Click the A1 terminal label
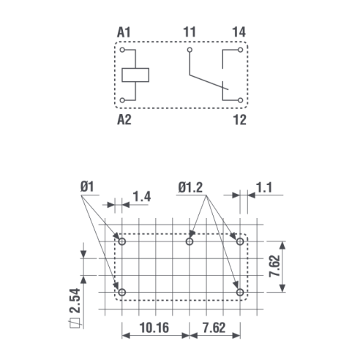point(124,32)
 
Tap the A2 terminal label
point(124,120)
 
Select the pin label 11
point(190,32)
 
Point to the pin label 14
point(239,32)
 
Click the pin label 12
point(240,120)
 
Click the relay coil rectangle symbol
point(135,75)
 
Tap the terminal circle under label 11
point(190,50)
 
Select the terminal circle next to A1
point(122,50)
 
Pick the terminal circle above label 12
point(240,100)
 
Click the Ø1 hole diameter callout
point(87,187)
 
